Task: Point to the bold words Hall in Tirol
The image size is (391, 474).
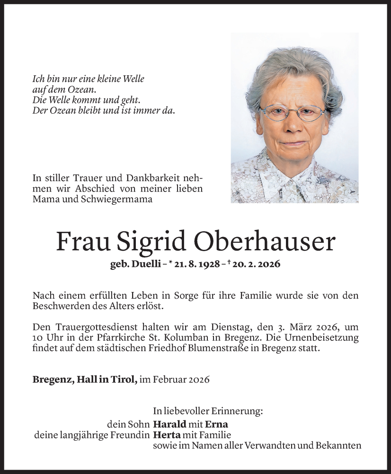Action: pyautogui.click(x=104, y=380)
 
